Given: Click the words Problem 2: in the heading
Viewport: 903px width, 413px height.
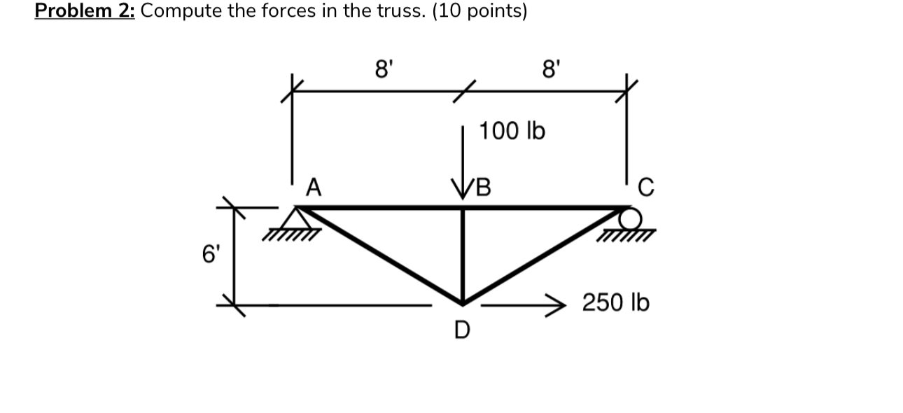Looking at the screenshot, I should pyautogui.click(x=85, y=12).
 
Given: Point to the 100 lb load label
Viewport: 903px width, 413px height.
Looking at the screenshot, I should pyautogui.click(x=512, y=131).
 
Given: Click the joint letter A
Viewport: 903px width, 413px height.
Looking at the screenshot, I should pyautogui.click(x=314, y=188).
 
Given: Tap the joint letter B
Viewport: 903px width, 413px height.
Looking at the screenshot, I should pyautogui.click(x=483, y=188).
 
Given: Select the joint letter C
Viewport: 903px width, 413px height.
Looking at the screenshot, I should pyautogui.click(x=646, y=188).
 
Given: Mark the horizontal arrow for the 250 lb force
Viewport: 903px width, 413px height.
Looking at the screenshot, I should pyautogui.click(x=525, y=304).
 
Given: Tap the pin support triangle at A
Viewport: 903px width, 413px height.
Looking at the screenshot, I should pyautogui.click(x=297, y=218).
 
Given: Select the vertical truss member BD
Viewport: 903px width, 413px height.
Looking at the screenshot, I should pyautogui.click(x=463, y=255).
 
